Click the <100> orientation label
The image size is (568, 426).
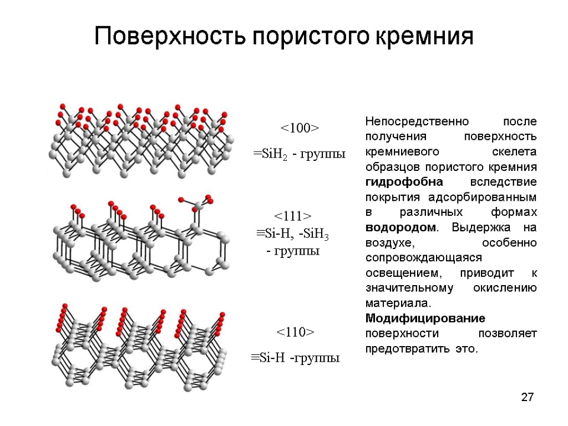coord(299,129)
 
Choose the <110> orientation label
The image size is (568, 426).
coord(295,332)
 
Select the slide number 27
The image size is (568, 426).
coord(528,397)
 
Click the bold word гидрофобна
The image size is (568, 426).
coord(396,182)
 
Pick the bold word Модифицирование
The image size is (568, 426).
coord(425,318)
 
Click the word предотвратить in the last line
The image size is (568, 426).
coord(413,349)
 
